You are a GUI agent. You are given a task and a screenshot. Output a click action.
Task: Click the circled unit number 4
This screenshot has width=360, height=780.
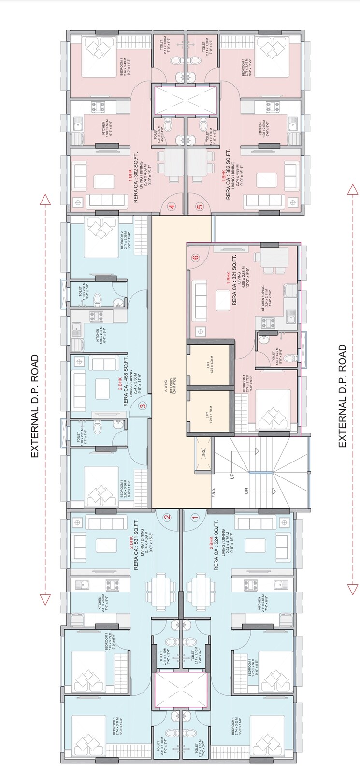172,207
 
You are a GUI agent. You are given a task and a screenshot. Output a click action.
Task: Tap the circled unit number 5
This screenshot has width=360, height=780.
200,207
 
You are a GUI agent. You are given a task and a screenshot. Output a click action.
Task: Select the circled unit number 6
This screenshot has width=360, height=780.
196,258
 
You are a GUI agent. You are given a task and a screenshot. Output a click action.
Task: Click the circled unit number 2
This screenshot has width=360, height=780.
167,517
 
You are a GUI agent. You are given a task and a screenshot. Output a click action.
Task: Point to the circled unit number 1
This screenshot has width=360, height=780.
195,517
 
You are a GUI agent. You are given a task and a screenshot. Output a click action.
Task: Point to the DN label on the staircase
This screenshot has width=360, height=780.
246,491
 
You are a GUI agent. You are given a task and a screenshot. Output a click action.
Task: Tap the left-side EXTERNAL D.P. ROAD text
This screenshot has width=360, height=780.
35,406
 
